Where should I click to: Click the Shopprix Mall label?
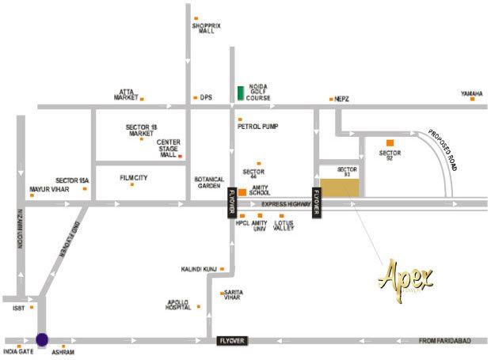[x=204, y=29]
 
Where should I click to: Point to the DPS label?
[x=207, y=98]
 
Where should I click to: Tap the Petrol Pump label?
[x=257, y=126]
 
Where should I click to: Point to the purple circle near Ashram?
[x=42, y=339]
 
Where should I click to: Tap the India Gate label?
[x=18, y=351]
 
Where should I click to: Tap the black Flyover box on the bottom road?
[x=234, y=340]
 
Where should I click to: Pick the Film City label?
[x=133, y=178]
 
